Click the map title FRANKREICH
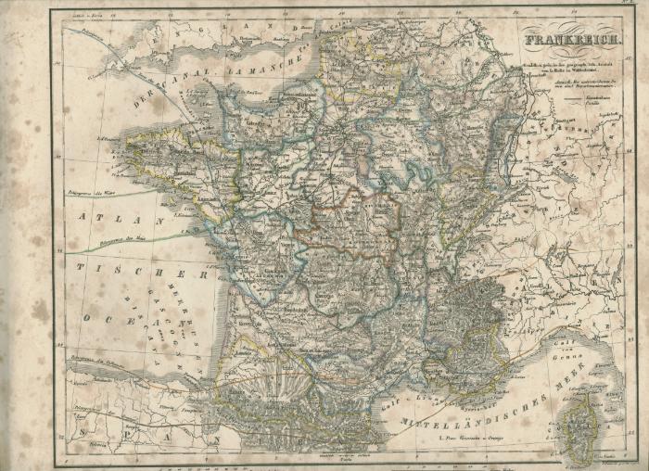572,40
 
